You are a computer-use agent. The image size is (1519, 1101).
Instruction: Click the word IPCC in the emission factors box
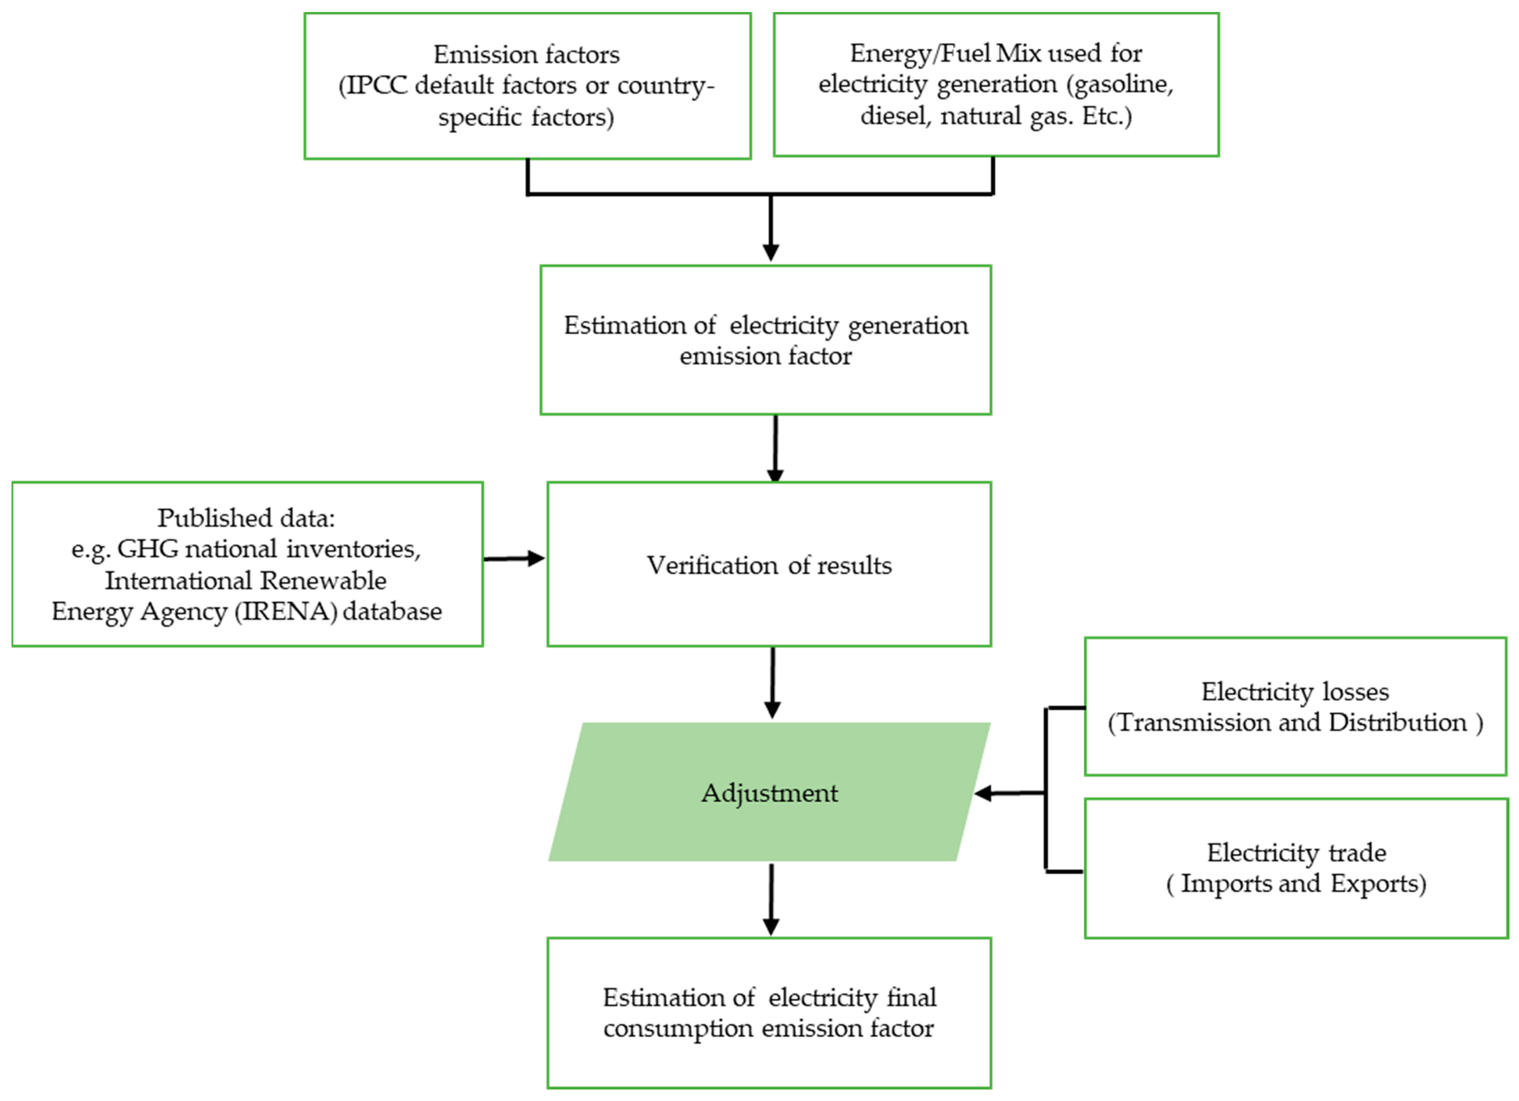click(x=377, y=86)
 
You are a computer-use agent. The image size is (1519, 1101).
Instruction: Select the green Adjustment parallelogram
click(x=769, y=792)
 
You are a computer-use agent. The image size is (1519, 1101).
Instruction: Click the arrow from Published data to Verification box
click(x=514, y=559)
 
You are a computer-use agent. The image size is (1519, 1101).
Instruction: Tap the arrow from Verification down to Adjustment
click(x=772, y=683)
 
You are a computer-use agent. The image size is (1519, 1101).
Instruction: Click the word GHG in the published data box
click(x=149, y=549)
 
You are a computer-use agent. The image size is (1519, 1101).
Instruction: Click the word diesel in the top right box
click(x=895, y=116)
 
